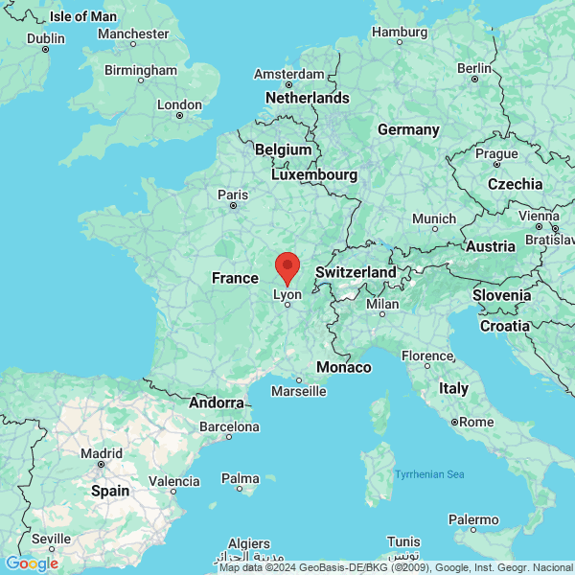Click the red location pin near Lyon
click(x=287, y=266)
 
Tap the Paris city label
click(x=233, y=195)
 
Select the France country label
click(x=235, y=278)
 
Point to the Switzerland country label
click(x=356, y=272)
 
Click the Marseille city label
click(x=298, y=391)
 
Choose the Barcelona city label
click(x=228, y=426)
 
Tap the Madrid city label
click(x=101, y=453)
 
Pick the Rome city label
click(x=476, y=422)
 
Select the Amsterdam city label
click(x=288, y=74)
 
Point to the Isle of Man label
click(x=83, y=16)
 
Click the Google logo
click(x=32, y=563)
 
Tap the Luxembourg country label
click(x=314, y=175)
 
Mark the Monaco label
click(x=344, y=368)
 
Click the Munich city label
click(x=434, y=219)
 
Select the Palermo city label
click(x=473, y=520)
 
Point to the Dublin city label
click(x=46, y=38)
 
